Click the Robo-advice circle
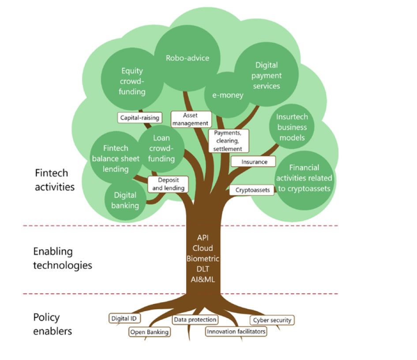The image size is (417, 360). pyautogui.click(x=188, y=57)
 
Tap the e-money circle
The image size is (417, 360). pyautogui.click(x=228, y=95)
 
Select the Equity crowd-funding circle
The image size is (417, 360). pyautogui.click(x=132, y=81)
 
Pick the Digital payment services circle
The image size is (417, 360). pyautogui.click(x=267, y=75)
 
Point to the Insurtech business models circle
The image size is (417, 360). pyautogui.click(x=292, y=127)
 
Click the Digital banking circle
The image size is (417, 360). pyautogui.click(x=126, y=200)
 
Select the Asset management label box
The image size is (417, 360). pyautogui.click(x=191, y=119)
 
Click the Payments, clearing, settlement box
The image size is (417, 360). pyautogui.click(x=228, y=141)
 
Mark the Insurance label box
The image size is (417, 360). pyautogui.click(x=254, y=162)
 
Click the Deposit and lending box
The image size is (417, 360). pyautogui.click(x=168, y=184)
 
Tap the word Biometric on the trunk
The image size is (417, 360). pyautogui.click(x=203, y=259)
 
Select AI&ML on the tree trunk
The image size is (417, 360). pyautogui.click(x=203, y=280)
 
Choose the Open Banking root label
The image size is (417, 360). pyautogui.click(x=149, y=332)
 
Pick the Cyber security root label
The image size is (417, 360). pyautogui.click(x=272, y=320)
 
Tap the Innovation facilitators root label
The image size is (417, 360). pyautogui.click(x=236, y=331)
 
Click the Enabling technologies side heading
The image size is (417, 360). pyautogui.click(x=62, y=258)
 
